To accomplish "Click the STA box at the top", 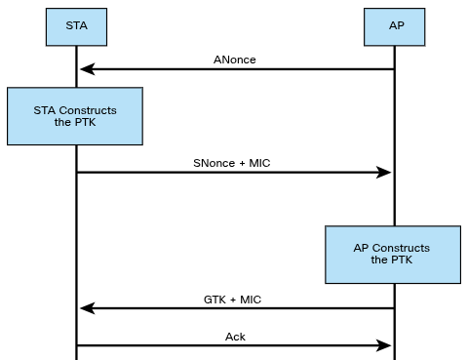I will (x=76, y=27).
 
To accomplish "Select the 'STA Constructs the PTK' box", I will (x=74, y=117).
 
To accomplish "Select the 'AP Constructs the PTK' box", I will (x=391, y=255).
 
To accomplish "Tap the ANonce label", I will (x=235, y=59).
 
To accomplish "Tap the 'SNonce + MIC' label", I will (x=231, y=162).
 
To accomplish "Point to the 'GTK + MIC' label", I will (x=235, y=299).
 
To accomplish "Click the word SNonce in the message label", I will (x=215, y=162).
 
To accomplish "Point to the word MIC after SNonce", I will (x=257, y=162).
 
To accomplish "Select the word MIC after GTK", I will (x=252, y=299).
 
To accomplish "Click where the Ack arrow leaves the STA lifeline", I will (x=77, y=344).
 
